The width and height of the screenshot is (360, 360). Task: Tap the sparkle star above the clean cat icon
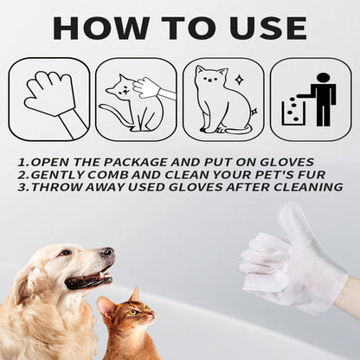tap(239, 80)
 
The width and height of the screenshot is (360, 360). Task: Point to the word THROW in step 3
tap(53, 187)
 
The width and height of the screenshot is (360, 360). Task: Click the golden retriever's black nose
tap(106, 254)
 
